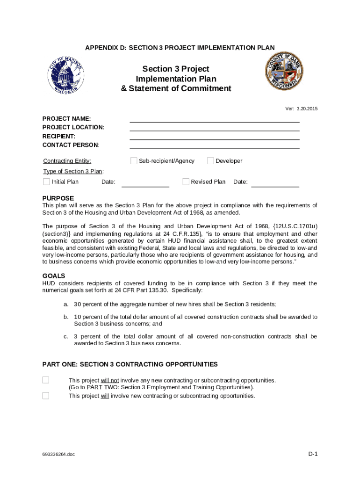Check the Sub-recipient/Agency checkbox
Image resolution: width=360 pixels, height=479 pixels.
point(134,161)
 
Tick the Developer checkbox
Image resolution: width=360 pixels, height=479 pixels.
point(211,161)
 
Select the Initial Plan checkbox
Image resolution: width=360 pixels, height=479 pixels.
point(46,181)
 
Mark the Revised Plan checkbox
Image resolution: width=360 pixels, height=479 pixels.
point(186,181)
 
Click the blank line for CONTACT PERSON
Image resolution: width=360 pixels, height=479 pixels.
point(214,145)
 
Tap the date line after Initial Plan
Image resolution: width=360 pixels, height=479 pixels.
point(145,184)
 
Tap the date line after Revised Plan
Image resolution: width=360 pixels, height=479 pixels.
point(275,184)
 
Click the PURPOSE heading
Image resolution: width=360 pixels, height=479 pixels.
point(58,198)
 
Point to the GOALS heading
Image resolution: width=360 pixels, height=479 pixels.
point(54,276)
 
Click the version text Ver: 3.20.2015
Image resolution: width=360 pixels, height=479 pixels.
point(302,109)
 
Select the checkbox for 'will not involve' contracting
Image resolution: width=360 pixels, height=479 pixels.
point(46,380)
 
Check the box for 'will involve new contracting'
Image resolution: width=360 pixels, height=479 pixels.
point(46,396)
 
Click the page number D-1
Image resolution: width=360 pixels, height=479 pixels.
point(312,454)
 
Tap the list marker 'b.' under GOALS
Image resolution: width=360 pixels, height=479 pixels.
point(66,317)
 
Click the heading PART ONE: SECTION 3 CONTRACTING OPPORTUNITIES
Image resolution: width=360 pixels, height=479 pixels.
point(130,364)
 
